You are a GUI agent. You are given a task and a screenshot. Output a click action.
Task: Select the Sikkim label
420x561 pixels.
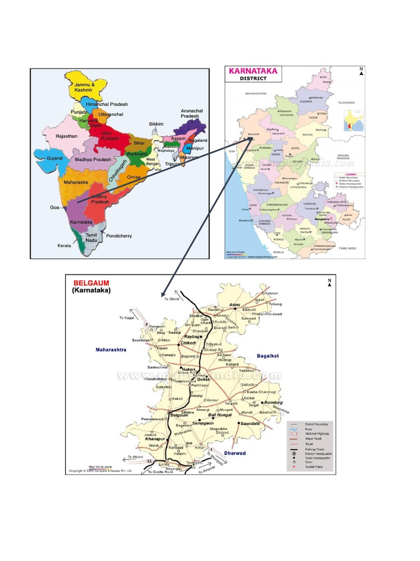(x=156, y=124)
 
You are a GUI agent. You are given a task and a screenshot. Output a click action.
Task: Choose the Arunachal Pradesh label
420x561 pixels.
(x=192, y=113)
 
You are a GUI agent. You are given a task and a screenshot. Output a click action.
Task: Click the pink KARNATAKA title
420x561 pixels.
(x=252, y=71)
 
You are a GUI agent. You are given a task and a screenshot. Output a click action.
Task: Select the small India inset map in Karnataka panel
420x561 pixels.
(x=353, y=121)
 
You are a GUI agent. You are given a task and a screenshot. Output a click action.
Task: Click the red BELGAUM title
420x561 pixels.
(x=91, y=283)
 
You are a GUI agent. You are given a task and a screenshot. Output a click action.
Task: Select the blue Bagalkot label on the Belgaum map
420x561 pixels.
(x=268, y=356)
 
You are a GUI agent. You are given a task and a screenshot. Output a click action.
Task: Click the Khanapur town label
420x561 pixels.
(x=155, y=439)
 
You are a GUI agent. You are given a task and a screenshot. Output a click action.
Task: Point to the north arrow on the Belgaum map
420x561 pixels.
(x=330, y=282)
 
